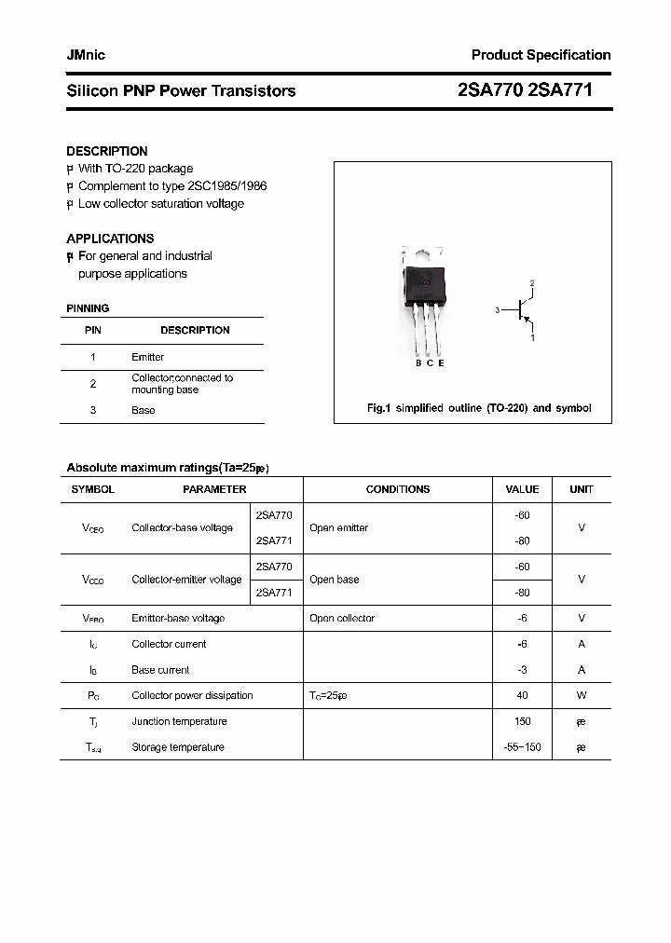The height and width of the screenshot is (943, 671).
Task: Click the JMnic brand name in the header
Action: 86,55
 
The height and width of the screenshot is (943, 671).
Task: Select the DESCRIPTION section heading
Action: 106,151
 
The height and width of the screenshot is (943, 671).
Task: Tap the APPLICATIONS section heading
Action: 110,239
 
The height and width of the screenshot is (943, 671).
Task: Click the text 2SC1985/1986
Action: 220,185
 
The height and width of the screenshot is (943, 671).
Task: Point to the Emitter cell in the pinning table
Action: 147,357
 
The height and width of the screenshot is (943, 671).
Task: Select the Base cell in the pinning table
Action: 143,410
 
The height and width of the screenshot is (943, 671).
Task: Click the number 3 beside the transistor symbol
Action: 498,309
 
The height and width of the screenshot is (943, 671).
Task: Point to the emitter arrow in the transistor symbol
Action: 528,321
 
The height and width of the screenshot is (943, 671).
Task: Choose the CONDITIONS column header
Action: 398,489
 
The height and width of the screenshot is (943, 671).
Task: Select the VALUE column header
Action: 522,489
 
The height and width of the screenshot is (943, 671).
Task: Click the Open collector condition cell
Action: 342,619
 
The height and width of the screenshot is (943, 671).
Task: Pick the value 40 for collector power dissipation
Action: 522,696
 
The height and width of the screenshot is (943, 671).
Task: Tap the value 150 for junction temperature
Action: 522,721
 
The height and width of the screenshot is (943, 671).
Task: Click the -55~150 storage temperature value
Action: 522,747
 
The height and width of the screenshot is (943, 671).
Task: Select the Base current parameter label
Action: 160,670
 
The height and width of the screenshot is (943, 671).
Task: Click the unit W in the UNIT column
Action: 581,696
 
